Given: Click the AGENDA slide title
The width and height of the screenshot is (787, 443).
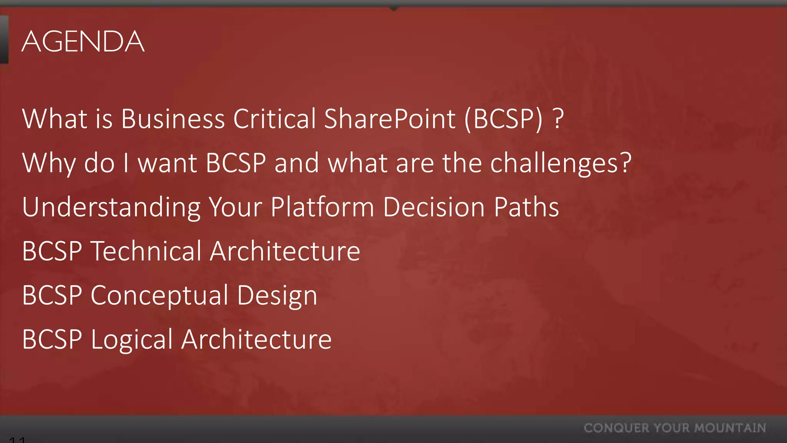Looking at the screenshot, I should click(83, 41).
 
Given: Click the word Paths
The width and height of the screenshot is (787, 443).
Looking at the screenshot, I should click(526, 207).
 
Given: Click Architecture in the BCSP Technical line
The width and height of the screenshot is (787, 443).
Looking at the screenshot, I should click(285, 251).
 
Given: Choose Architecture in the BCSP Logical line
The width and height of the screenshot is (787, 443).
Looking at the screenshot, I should click(256, 339).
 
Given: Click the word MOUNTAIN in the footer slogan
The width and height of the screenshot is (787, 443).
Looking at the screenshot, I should click(730, 428).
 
